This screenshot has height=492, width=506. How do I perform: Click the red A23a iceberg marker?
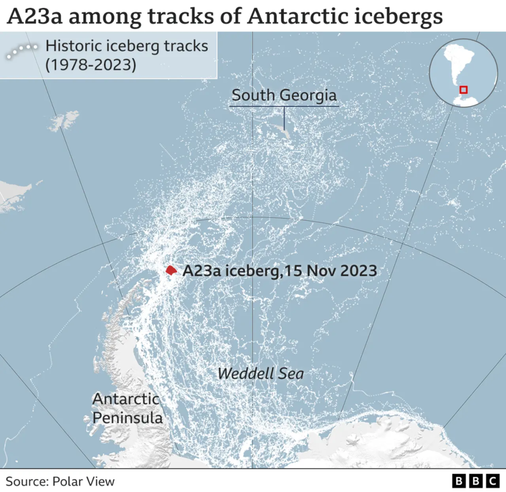[171, 270]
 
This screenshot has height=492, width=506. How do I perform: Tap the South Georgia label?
[284, 95]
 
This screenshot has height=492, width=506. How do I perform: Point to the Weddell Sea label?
[261, 374]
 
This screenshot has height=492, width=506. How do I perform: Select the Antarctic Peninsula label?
[126, 408]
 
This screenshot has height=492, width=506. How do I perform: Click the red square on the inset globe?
[463, 90]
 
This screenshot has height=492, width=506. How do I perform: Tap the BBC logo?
[476, 480]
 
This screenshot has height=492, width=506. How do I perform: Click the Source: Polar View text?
[60, 481]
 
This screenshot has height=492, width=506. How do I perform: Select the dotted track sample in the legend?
[22, 51]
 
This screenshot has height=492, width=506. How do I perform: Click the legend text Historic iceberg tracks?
[126, 46]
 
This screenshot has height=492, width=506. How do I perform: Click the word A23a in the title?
[36, 17]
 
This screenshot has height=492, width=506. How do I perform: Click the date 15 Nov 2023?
[330, 271]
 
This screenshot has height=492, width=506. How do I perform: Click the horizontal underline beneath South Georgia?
[284, 106]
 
